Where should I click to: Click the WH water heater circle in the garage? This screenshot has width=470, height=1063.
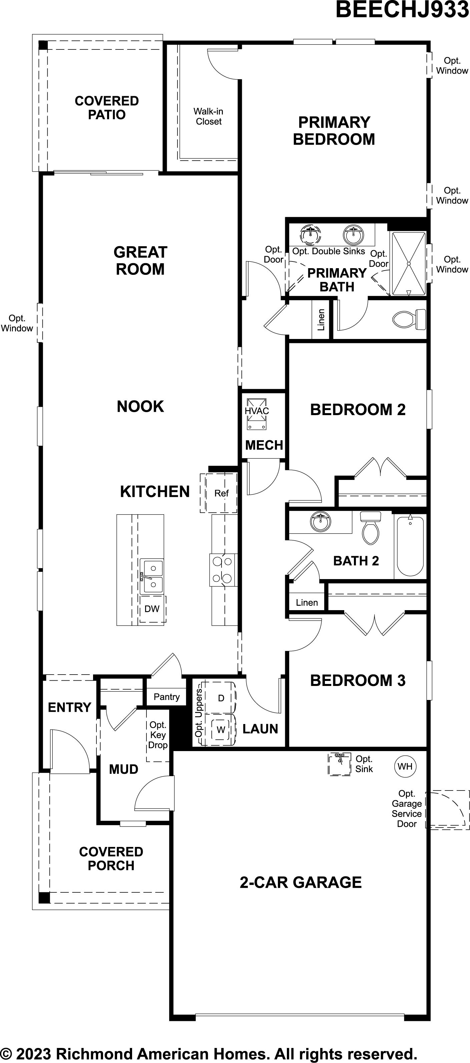pos(405,766)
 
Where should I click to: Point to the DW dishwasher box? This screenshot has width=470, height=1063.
pos(152,609)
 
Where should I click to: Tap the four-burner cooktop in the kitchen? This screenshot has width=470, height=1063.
pos(222,569)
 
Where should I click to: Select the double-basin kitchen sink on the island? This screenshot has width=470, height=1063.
pos(152,576)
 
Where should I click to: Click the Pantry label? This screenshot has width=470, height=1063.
pos(166,697)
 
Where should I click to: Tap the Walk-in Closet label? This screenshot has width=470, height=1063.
pos(208,116)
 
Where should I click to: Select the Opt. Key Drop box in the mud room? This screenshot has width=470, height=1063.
pos(157,735)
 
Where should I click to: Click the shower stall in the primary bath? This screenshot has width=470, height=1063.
pos(408,263)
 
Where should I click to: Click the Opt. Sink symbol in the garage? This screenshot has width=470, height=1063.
pos(339,764)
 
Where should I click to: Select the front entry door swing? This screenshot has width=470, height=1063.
pos(68,749)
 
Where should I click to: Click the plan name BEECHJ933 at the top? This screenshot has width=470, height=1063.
pos(402,10)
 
